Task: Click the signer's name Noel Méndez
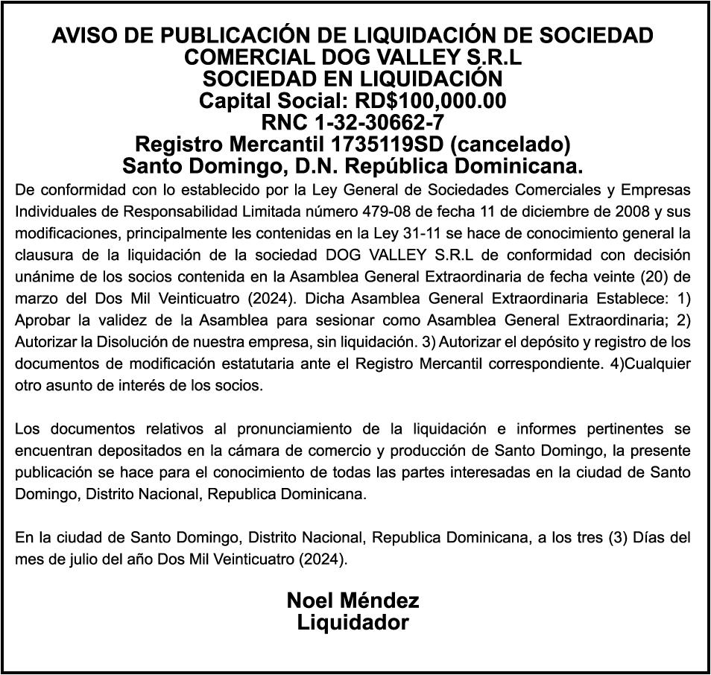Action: click(353, 600)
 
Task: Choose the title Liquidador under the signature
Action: click(353, 623)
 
